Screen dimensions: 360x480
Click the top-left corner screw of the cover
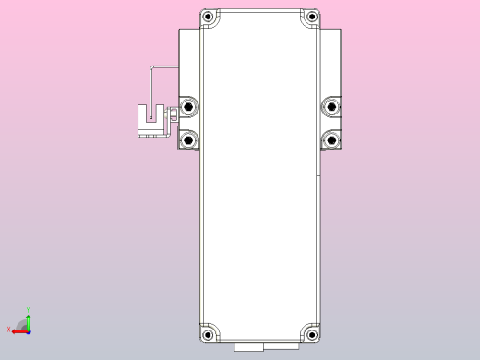tap(209, 18)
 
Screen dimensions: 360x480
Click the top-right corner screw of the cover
tap(312, 18)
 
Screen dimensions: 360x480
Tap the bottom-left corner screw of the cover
tap(209, 333)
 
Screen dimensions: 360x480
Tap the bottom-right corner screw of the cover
tap(312, 333)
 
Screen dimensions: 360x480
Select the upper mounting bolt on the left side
tap(189, 107)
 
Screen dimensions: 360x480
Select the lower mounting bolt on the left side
tap(189, 140)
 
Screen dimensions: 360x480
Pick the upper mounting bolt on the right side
tap(330, 107)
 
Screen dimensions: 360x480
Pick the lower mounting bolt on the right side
tap(330, 140)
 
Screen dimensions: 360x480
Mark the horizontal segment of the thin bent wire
tap(164, 66)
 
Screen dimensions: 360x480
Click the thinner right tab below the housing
tap(280, 345)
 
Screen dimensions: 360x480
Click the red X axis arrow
tap(18, 330)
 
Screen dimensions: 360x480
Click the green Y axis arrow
tap(28, 319)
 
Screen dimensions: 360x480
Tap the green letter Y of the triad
tap(28, 310)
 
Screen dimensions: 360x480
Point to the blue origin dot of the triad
tap(28, 330)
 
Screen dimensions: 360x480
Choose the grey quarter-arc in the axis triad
tap(23, 324)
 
